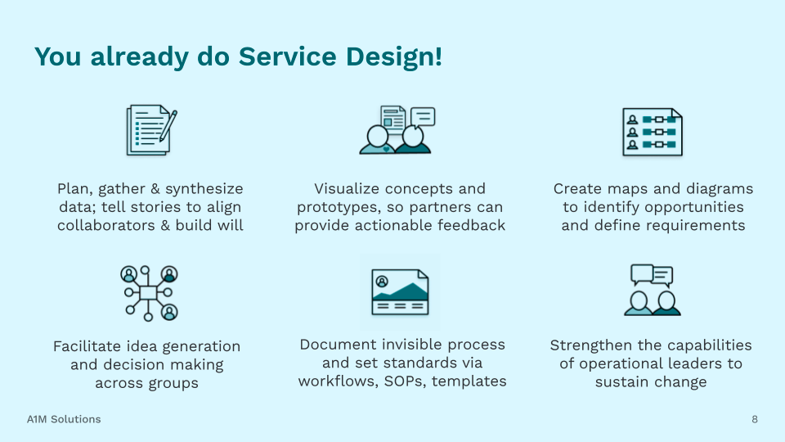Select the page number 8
click(755, 420)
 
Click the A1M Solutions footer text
click(64, 419)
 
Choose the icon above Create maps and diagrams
click(652, 132)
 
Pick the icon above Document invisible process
click(400, 291)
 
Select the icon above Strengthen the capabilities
click(652, 290)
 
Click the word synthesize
click(204, 189)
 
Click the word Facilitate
click(89, 346)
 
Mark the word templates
click(469, 381)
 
